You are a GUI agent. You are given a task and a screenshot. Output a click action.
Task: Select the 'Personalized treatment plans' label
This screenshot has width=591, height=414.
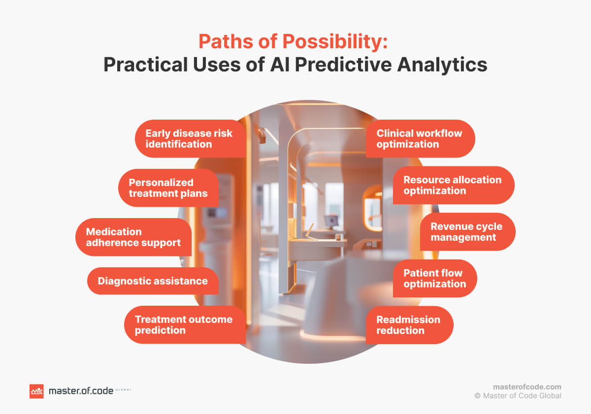[x=168, y=188]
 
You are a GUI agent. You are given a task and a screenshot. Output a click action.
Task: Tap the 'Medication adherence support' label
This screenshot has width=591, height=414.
[x=133, y=237]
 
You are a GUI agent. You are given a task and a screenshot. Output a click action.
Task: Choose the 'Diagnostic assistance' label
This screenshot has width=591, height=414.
[x=153, y=281]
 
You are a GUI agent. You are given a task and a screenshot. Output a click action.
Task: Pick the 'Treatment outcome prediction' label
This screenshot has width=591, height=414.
[x=184, y=325]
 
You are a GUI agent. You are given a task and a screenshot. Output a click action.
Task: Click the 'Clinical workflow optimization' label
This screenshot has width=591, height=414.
[x=420, y=139]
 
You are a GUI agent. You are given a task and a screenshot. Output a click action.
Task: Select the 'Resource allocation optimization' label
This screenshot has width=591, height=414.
[x=453, y=185]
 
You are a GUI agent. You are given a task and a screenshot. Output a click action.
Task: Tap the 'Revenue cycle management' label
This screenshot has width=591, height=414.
[x=466, y=232]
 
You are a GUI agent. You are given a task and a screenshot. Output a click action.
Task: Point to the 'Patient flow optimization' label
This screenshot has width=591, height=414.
[x=434, y=279]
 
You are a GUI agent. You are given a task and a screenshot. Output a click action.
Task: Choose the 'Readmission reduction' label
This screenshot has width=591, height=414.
[x=408, y=325]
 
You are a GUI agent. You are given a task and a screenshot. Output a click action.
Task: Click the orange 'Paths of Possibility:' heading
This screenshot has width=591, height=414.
[x=293, y=42]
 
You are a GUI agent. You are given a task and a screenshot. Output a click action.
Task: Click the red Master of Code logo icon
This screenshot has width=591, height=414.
[x=36, y=391]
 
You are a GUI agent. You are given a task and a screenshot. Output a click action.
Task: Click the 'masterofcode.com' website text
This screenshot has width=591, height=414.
[x=527, y=387]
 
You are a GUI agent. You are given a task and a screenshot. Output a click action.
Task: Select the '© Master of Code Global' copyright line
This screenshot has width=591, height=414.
[x=518, y=396]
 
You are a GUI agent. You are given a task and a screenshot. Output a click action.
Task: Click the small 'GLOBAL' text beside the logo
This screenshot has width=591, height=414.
[x=123, y=390]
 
